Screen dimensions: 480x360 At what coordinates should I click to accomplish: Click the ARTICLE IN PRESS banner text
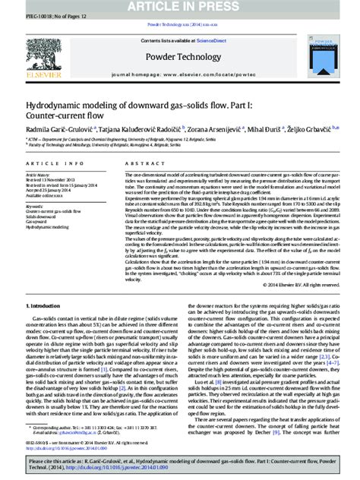[179, 7]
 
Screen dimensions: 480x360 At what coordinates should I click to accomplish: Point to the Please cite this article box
[179, 464]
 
